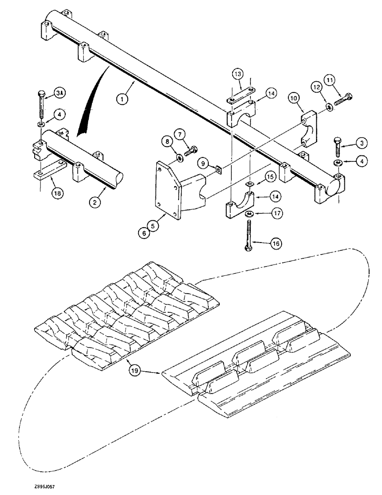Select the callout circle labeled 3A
(59, 93)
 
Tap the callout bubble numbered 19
(133, 368)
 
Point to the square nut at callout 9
(218, 171)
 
